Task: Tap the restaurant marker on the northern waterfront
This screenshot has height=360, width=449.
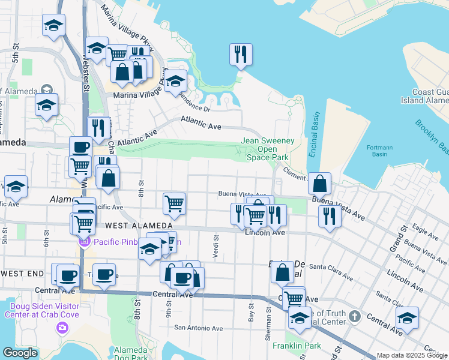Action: tap(240, 55)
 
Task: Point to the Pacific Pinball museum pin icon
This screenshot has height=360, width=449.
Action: tap(85, 242)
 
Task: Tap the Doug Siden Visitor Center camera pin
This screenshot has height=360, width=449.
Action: tap(62, 327)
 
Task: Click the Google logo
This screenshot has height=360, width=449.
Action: tap(20, 353)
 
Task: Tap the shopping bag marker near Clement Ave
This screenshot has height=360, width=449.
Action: tap(321, 183)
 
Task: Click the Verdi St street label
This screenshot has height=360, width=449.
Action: tap(214, 246)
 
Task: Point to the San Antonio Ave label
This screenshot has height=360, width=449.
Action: tap(198, 328)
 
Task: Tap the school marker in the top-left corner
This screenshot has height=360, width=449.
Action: tap(53, 26)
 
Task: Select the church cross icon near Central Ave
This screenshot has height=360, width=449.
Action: tap(355, 316)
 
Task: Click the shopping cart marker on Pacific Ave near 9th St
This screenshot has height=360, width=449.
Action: tap(174, 203)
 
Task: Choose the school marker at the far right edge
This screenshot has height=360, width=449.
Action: tap(408, 318)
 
